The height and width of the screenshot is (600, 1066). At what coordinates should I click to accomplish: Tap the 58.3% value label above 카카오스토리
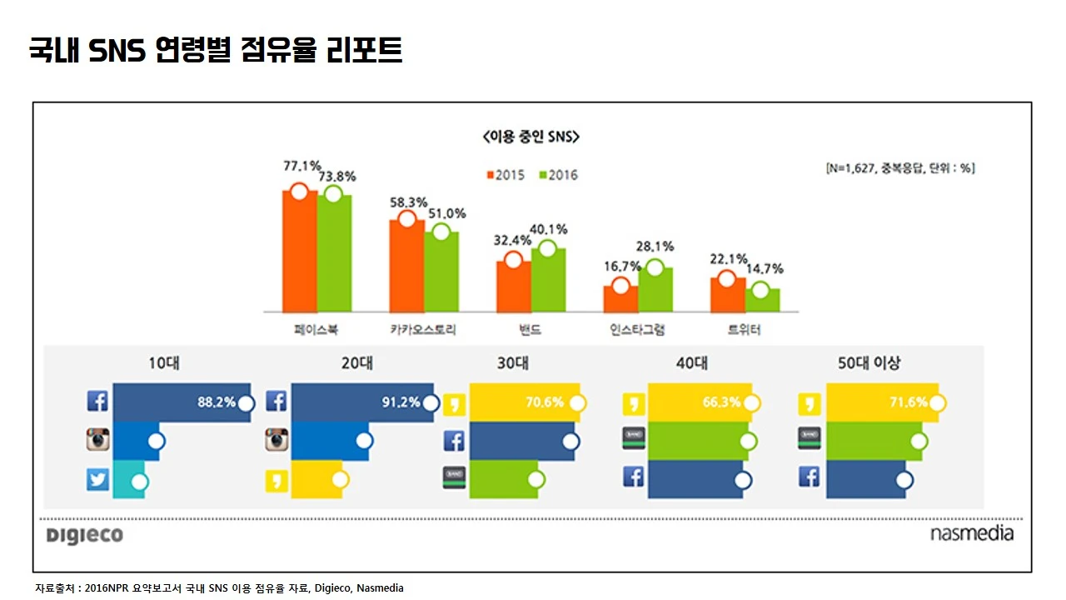point(408,202)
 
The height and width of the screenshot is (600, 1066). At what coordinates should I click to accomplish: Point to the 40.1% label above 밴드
point(548,229)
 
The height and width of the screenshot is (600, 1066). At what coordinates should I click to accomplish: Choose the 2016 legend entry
point(558,175)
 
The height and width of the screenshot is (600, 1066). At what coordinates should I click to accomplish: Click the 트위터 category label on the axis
point(744,330)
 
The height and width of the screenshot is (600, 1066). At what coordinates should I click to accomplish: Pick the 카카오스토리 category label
point(423,330)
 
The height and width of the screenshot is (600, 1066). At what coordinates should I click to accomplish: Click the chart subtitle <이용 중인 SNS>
point(531,137)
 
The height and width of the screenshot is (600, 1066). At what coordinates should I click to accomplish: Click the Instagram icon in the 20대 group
point(276,440)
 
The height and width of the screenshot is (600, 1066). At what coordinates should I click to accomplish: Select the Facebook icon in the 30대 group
point(455,440)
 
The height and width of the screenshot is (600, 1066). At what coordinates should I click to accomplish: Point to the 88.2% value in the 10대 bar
point(216,402)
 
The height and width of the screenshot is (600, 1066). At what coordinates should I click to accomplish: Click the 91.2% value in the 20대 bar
point(401,402)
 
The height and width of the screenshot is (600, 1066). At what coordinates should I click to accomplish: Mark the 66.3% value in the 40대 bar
point(721,402)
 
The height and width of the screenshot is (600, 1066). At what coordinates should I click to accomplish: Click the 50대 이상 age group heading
point(869,363)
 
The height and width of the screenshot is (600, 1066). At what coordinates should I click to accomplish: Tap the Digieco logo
point(85,535)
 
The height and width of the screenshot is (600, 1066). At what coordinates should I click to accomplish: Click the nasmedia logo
point(972,533)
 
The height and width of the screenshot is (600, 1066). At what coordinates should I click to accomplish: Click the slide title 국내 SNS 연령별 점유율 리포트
point(216,50)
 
